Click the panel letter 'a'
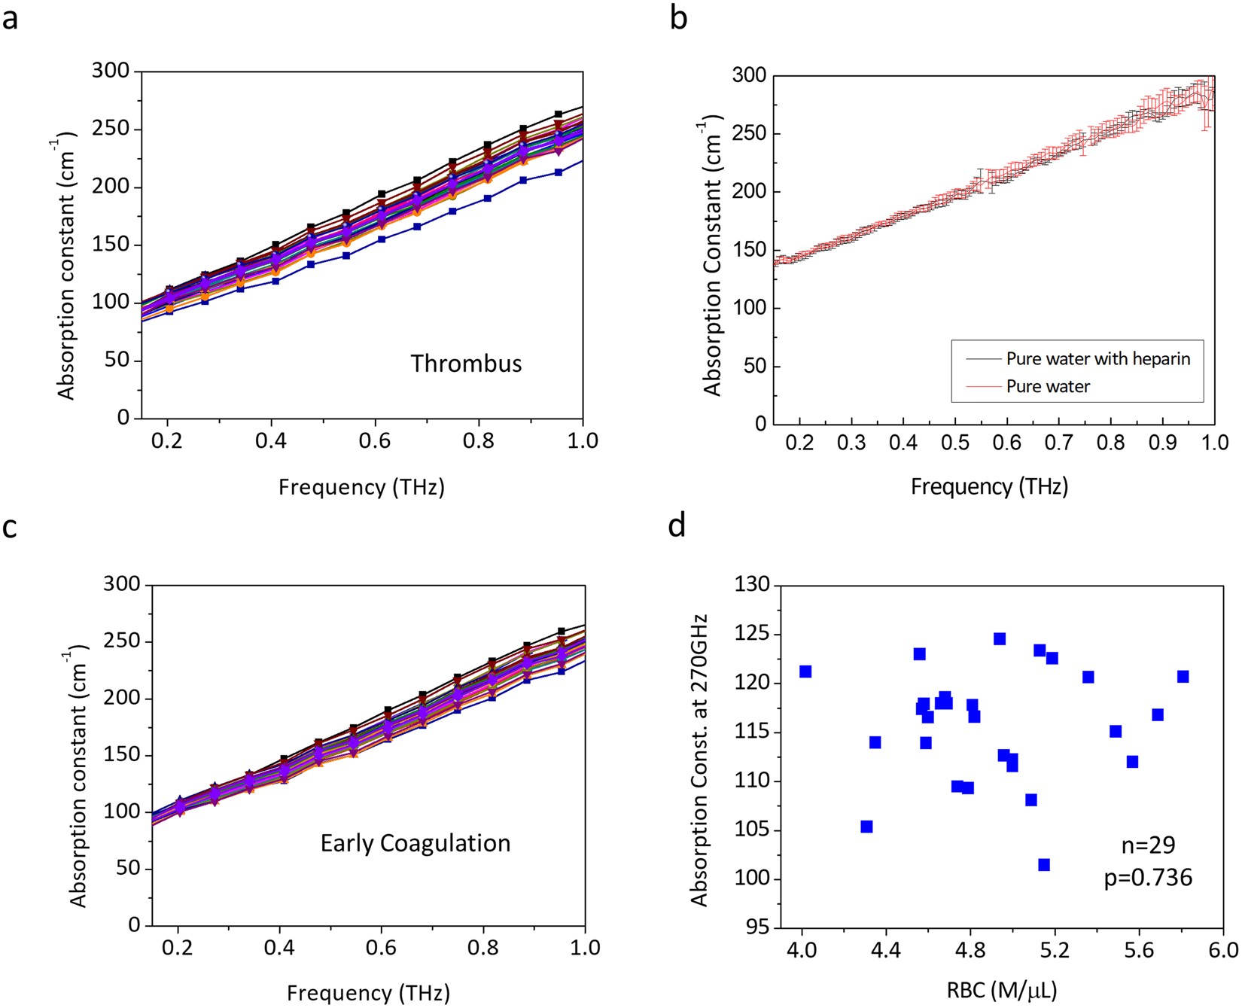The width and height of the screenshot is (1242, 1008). pos(10,18)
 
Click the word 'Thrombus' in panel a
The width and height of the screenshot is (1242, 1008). pos(466,364)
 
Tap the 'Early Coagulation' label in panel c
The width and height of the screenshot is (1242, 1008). pos(416,843)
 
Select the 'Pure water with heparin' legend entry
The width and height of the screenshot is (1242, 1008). pos(1097,359)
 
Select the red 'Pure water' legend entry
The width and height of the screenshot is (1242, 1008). pos(1048,387)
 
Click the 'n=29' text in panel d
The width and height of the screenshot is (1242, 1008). pos(1148,845)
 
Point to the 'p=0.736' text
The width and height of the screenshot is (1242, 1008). pos(1148,878)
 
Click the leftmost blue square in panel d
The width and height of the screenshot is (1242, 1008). pos(805,671)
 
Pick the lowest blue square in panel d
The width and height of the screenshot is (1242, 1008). pos(1044,865)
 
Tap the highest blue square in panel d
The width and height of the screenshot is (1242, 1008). pos(1000,639)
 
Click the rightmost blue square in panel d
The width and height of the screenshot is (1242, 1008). pos(1183,677)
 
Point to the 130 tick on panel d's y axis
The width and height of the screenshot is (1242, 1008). pos(754,585)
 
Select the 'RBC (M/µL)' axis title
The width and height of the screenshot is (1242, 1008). pos(1002,990)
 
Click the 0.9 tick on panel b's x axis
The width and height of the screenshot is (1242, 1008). pos(1162,443)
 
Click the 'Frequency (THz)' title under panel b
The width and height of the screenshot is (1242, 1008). pos(989,487)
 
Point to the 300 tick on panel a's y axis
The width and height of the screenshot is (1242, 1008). pos(111,71)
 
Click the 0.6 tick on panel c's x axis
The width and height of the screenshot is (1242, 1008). pos(381,948)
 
